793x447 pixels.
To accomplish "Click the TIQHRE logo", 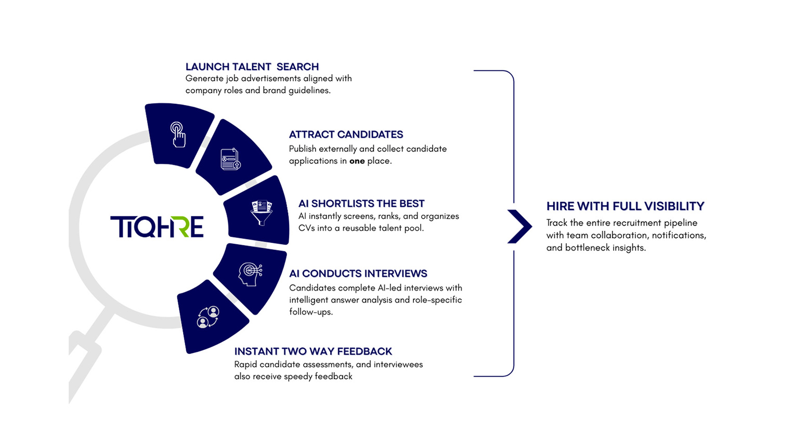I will pyautogui.click(x=157, y=227).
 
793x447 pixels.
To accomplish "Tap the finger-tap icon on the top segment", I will pyautogui.click(x=178, y=135).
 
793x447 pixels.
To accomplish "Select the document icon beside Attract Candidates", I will pyautogui.click(x=230, y=159).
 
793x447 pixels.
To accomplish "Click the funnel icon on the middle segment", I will pyautogui.click(x=262, y=212).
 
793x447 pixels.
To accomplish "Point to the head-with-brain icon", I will pyautogui.click(x=250, y=274).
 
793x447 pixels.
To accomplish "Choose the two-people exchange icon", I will pyautogui.click(x=208, y=317).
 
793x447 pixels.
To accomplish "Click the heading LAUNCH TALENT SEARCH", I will pyautogui.click(x=252, y=67).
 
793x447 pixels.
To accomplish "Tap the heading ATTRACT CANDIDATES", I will pyautogui.click(x=346, y=135).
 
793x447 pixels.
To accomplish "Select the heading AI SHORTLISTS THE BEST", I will pyautogui.click(x=361, y=203).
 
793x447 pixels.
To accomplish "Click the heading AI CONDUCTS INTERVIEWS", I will pyautogui.click(x=358, y=273).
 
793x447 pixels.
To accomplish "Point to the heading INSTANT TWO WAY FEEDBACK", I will pyautogui.click(x=313, y=351).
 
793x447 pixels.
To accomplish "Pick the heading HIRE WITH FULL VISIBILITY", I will pyautogui.click(x=625, y=206).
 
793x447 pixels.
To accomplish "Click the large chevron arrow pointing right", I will pyautogui.click(x=519, y=226).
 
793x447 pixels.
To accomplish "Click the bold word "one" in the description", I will pyautogui.click(x=357, y=161).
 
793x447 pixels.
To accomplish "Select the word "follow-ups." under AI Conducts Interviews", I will pyautogui.click(x=311, y=312).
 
